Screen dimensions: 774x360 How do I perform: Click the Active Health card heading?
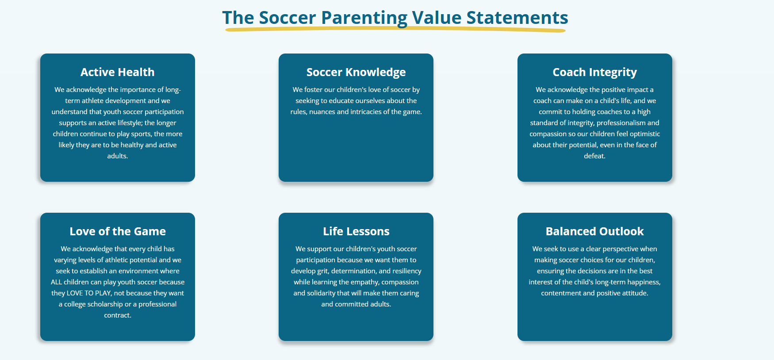pyautogui.click(x=118, y=72)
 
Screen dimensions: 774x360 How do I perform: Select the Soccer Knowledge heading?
pyautogui.click(x=356, y=72)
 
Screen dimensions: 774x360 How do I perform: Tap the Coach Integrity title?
pyautogui.click(x=595, y=72)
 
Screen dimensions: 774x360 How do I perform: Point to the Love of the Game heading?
pyautogui.click(x=118, y=231)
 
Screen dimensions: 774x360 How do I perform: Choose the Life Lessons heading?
pyautogui.click(x=356, y=231)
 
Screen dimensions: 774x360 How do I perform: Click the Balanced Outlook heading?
pyautogui.click(x=595, y=231)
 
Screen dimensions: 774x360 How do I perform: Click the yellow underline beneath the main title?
pyautogui.click(x=395, y=30)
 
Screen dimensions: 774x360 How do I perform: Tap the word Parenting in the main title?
pyautogui.click(x=364, y=18)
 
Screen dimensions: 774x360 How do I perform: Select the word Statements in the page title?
pyautogui.click(x=517, y=18)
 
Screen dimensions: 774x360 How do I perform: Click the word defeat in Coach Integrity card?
pyautogui.click(x=594, y=156)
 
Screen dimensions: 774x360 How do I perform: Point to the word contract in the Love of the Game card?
pyautogui.click(x=117, y=315)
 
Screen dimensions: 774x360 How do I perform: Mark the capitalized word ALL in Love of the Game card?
pyautogui.click(x=56, y=282)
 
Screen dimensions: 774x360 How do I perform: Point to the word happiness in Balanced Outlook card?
pyautogui.click(x=644, y=282)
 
